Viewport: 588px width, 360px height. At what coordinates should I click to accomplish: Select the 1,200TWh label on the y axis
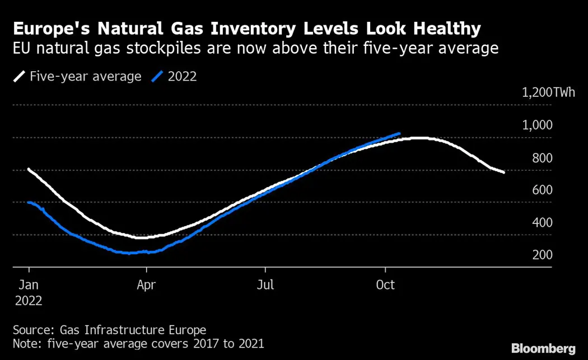pos(548,92)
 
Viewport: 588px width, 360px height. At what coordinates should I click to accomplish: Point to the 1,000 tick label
pos(537,125)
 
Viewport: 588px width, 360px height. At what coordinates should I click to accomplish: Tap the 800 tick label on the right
pos(542,157)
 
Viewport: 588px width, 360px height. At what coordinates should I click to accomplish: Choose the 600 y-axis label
pos(542,190)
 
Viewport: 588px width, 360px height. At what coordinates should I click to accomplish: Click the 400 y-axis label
pos(542,222)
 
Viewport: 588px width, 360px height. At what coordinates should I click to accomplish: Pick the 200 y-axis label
pos(542,255)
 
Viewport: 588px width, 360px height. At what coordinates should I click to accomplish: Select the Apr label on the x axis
pos(147,285)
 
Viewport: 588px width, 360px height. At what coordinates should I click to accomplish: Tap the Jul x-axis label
pos(265,285)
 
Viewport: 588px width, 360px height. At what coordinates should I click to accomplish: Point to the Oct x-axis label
pos(385,285)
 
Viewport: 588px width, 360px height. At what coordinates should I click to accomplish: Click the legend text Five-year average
pos(86,76)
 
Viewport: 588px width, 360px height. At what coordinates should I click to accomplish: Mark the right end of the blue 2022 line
pos(399,133)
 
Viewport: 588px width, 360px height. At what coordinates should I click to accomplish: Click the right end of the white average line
pos(504,172)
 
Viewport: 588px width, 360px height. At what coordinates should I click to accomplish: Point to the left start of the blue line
pos(29,202)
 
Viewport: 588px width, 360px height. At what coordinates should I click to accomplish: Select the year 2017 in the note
pos(203,343)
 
